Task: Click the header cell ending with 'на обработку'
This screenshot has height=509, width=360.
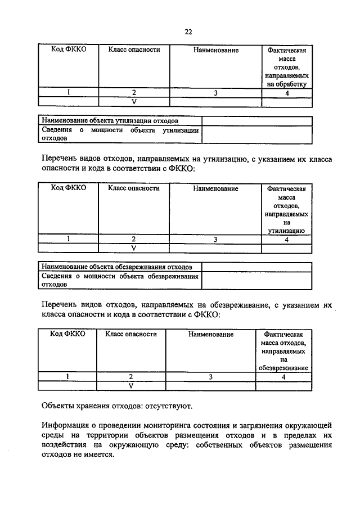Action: click(x=287, y=67)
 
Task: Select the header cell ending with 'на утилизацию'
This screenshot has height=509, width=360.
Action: click(x=287, y=209)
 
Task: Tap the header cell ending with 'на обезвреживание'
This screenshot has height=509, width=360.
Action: click(x=283, y=351)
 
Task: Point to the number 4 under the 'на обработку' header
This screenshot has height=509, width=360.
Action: click(x=287, y=93)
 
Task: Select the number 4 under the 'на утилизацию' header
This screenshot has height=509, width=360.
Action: click(x=287, y=239)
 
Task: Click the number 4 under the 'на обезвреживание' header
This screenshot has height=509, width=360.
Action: click(x=283, y=377)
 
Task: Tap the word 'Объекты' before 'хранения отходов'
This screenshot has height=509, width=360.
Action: click(x=58, y=405)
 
